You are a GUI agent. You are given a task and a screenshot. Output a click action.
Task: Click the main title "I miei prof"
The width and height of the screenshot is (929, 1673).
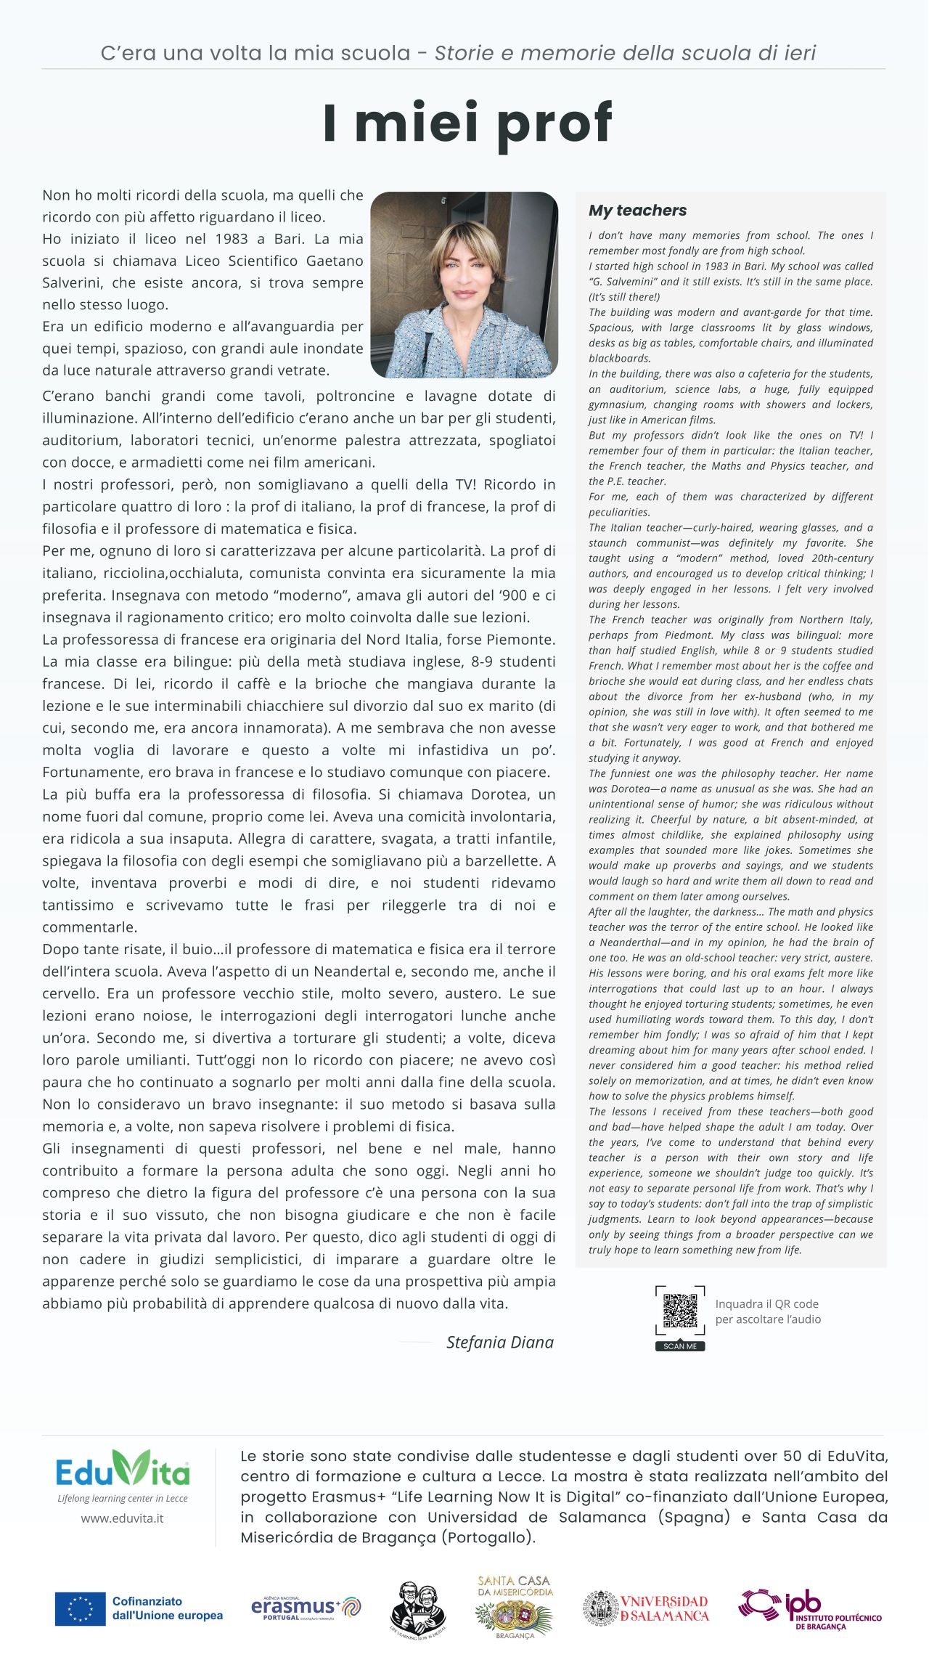click(467, 123)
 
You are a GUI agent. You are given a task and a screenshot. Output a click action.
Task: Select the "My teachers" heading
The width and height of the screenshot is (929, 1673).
click(637, 211)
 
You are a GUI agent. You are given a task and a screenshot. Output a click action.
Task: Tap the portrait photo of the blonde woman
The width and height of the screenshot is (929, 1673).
click(464, 285)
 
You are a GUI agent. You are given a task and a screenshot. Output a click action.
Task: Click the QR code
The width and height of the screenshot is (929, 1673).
click(679, 1311)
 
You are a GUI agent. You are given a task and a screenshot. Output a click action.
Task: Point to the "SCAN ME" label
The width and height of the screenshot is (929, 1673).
click(680, 1346)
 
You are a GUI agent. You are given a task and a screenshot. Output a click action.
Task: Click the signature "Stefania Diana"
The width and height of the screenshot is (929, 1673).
click(499, 1342)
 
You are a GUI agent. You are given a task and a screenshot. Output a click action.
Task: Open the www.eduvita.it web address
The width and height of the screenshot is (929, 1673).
click(122, 1518)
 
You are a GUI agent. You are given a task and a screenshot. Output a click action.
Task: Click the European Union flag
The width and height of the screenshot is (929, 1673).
click(80, 1608)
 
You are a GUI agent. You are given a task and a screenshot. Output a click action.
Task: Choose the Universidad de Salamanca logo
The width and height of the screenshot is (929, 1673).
click(646, 1608)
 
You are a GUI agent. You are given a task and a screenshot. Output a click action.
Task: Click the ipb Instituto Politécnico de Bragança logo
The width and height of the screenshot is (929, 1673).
click(809, 1609)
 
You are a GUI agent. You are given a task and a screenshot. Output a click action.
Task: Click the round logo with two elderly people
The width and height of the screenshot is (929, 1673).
click(418, 1609)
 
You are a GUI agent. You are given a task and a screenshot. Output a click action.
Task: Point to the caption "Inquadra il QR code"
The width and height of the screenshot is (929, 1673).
click(766, 1304)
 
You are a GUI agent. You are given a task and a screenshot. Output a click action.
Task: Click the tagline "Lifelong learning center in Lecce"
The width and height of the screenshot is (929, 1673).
click(123, 1498)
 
